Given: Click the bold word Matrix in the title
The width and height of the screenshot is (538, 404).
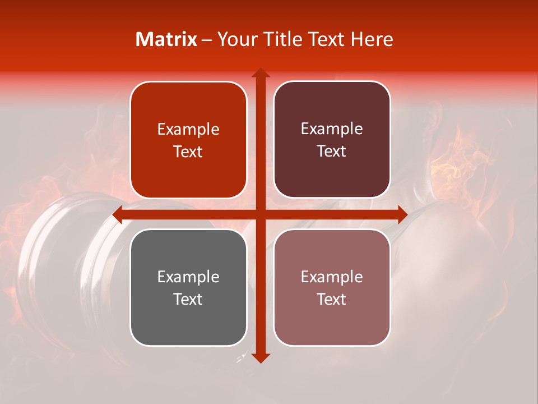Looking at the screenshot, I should (x=166, y=39).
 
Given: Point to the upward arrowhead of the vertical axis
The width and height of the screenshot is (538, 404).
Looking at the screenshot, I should (x=260, y=73).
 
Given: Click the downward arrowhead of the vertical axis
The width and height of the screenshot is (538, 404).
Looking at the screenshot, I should (x=260, y=357).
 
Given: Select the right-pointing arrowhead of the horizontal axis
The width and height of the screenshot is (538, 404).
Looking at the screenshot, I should (x=401, y=214).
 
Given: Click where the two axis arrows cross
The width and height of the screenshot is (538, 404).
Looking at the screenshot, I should (x=260, y=214).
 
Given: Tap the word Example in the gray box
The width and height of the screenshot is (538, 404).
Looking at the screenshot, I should (x=188, y=277).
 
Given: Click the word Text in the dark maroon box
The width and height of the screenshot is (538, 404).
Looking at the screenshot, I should (x=332, y=151).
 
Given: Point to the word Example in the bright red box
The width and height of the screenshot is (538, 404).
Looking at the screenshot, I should (x=188, y=129).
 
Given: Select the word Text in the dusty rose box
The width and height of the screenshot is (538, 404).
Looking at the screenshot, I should (x=332, y=299).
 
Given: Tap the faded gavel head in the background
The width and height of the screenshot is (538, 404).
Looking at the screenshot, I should (x=67, y=252).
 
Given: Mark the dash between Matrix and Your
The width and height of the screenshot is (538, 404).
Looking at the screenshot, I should (x=207, y=40).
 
